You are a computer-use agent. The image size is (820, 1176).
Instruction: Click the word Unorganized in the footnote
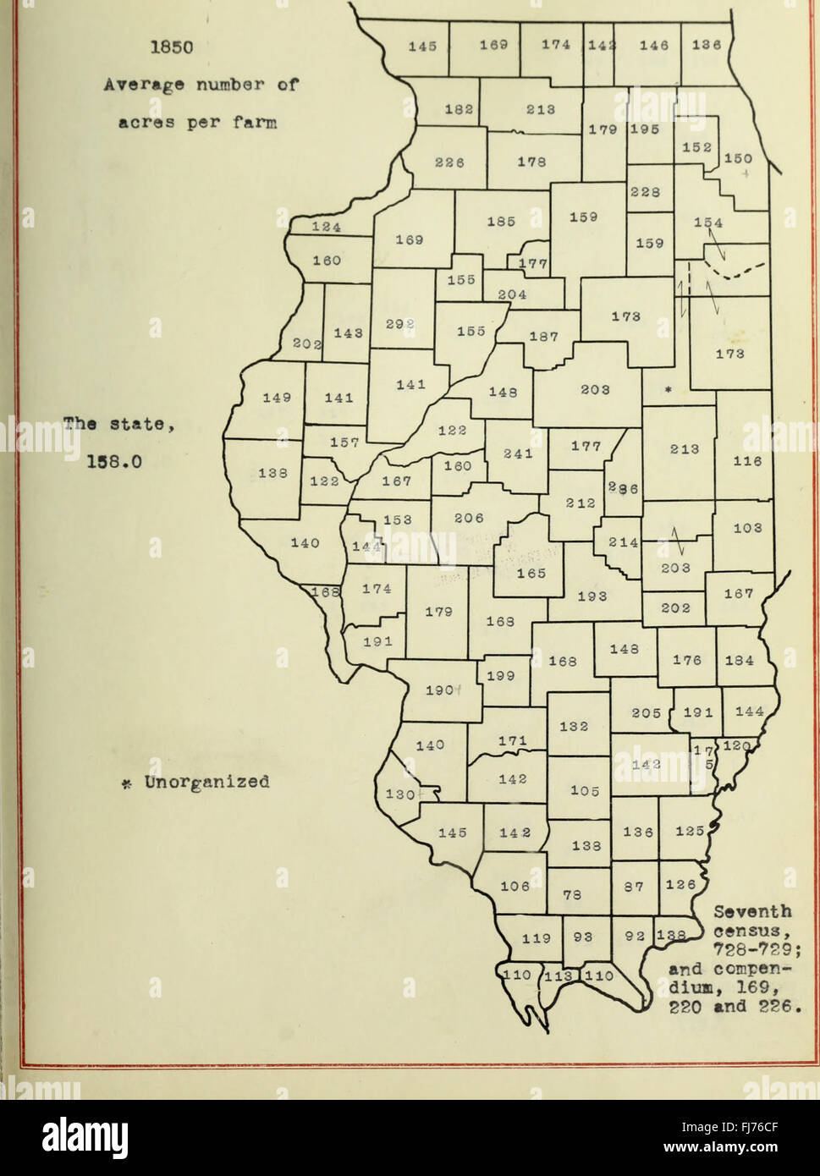tap(206, 782)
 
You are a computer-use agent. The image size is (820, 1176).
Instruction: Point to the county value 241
tap(518, 453)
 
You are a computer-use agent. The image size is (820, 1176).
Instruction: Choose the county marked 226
tap(449, 163)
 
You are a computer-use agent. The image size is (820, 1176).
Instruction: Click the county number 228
tap(646, 192)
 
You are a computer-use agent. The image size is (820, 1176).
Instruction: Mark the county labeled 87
tap(635, 887)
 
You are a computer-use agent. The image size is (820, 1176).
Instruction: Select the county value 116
tap(747, 461)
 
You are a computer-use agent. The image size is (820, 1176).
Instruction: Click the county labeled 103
tap(747, 527)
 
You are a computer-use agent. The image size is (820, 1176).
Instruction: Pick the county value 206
tap(469, 519)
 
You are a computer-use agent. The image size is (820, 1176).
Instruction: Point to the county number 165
tap(531, 573)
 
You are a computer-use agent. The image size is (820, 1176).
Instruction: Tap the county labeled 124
tap(326, 227)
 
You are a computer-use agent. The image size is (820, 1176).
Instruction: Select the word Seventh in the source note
tap(753, 912)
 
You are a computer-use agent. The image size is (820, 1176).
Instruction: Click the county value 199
tap(501, 675)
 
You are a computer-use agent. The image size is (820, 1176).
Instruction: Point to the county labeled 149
tap(277, 397)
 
